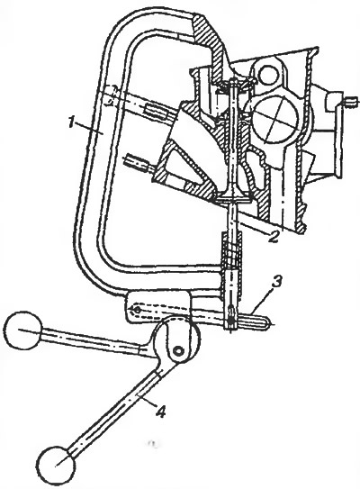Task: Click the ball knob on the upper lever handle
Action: pyautogui.click(x=22, y=330)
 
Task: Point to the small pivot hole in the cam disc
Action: pyautogui.click(x=178, y=351)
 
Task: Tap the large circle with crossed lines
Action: pyautogui.click(x=274, y=122)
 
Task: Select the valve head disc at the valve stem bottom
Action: pyautogui.click(x=232, y=199)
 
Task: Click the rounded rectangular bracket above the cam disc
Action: pyautogui.click(x=157, y=305)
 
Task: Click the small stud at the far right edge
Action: pyautogui.click(x=351, y=102)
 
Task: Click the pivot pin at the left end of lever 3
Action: pyautogui.click(x=136, y=310)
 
